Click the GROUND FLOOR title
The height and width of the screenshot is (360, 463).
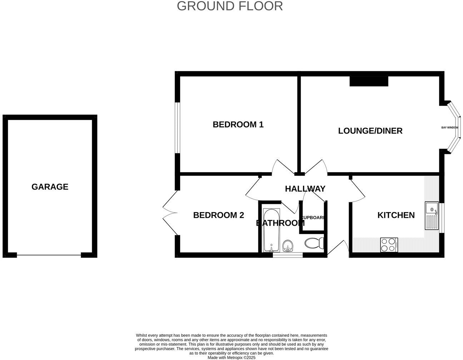pyautogui.click(x=230, y=6)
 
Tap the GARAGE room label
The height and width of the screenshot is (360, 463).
pyautogui.click(x=50, y=187)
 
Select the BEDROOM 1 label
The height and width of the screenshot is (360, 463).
pyautogui.click(x=238, y=125)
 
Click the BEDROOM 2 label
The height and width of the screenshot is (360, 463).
pyautogui.click(x=218, y=215)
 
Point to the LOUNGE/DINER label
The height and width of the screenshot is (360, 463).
pyautogui.click(x=370, y=131)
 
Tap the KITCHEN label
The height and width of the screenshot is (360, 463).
pyautogui.click(x=396, y=215)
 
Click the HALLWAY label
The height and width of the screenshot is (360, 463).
pyautogui.click(x=305, y=189)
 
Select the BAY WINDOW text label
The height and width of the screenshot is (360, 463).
pyautogui.click(x=449, y=127)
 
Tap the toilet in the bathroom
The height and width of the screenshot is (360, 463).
pyautogui.click(x=315, y=243)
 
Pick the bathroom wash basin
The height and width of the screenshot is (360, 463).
pyautogui.click(x=288, y=246)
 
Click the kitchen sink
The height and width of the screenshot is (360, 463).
pyautogui.click(x=432, y=216)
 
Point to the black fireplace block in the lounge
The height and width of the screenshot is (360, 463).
pyautogui.click(x=369, y=81)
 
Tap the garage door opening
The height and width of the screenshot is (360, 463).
pyautogui.click(x=49, y=255)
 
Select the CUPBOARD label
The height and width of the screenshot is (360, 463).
pyautogui.click(x=313, y=217)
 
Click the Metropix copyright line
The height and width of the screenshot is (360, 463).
pyautogui.click(x=231, y=357)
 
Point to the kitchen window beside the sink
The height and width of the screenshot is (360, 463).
pyautogui.click(x=442, y=218)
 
